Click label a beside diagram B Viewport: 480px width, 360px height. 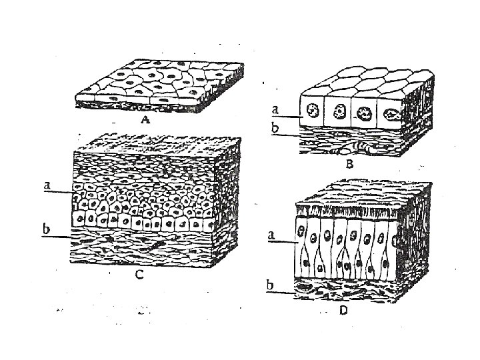[x=275, y=107]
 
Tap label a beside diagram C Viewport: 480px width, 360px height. [x=47, y=187]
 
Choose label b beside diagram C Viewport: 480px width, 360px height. [x=47, y=229]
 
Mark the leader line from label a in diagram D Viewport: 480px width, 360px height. [x=284, y=241]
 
